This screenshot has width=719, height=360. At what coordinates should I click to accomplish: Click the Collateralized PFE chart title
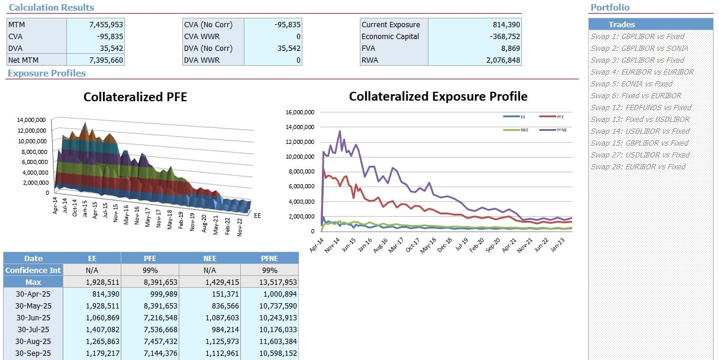pos(135,97)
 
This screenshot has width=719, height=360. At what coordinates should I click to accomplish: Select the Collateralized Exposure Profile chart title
pos(438,97)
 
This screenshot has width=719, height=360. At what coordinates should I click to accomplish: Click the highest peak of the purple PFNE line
pos(340,131)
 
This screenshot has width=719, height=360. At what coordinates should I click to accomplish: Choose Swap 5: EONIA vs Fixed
pos(631,83)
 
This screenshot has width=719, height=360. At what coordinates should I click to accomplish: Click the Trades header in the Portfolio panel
pos(621,24)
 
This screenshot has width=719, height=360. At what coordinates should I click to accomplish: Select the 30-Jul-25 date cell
pos(34,329)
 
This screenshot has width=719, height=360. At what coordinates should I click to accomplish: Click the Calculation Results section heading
pos(51,8)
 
